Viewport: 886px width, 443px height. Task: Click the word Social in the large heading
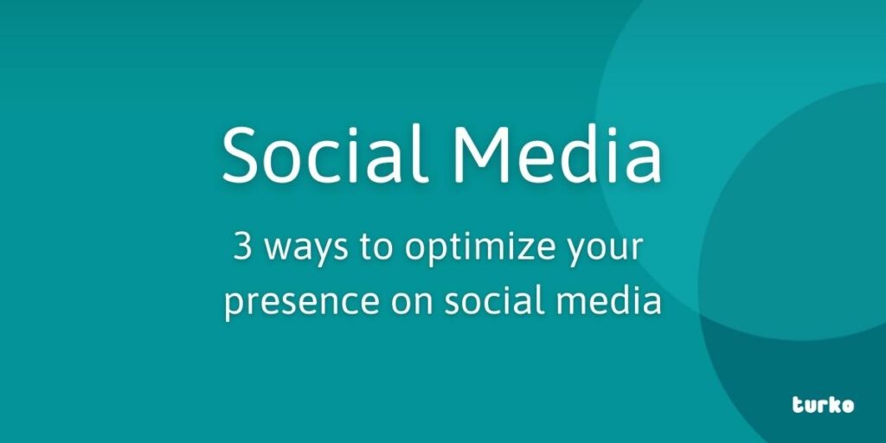click(322, 154)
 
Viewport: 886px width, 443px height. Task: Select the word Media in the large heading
click(556, 154)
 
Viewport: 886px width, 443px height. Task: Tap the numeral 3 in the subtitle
click(242, 247)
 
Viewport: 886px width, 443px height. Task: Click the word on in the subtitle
click(412, 303)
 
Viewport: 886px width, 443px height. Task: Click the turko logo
click(823, 405)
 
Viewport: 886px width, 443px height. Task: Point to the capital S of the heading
click(241, 154)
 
